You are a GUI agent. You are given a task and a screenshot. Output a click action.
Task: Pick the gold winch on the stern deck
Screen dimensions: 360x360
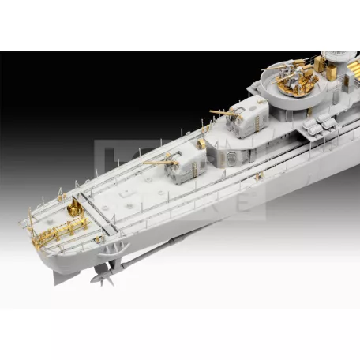coord(75,207)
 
